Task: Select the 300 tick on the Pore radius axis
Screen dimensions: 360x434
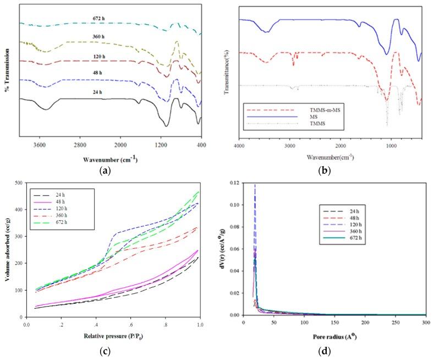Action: pos(425,323)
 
